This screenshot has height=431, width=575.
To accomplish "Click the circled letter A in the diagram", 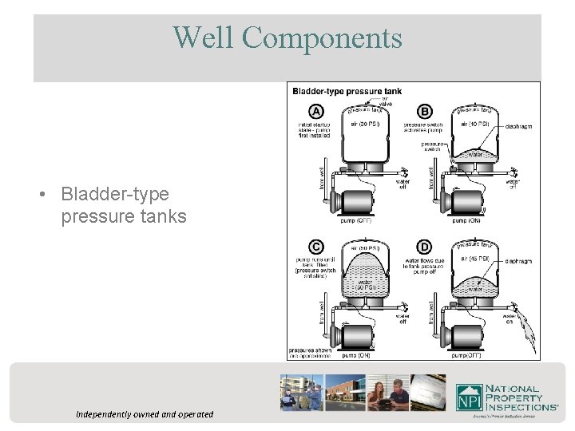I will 317,111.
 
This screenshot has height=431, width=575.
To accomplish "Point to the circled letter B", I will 424,111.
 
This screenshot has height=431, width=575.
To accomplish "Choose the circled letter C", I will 317,247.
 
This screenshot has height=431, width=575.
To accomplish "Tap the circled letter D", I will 424,247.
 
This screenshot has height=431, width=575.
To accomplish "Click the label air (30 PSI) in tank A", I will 365,124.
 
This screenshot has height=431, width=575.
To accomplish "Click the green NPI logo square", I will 469,397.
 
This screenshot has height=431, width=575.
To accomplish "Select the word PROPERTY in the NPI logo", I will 515,397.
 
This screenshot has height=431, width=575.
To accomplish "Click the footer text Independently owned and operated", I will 145,414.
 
